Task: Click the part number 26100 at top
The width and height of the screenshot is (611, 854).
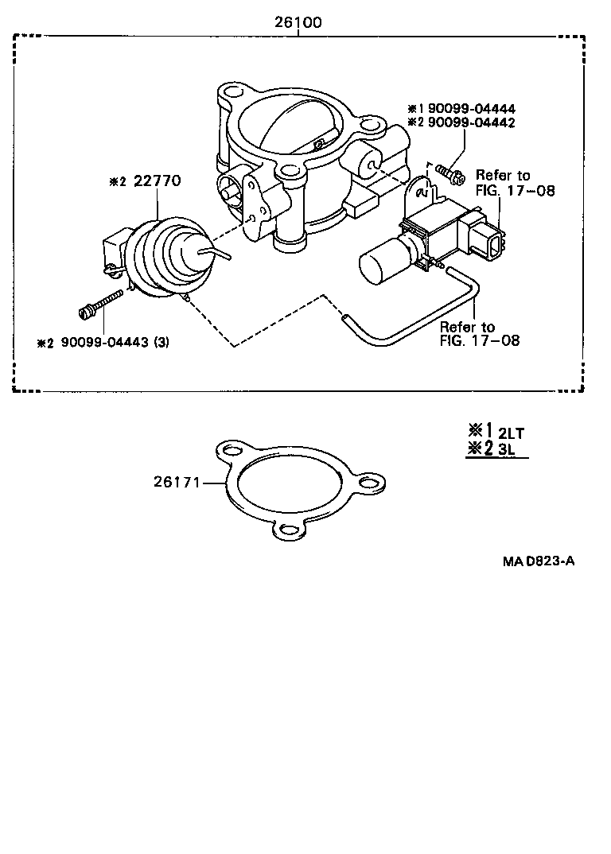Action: pyautogui.click(x=299, y=23)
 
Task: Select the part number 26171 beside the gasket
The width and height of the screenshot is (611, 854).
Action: pyautogui.click(x=174, y=481)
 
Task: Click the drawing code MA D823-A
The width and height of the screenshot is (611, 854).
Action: pyautogui.click(x=538, y=561)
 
